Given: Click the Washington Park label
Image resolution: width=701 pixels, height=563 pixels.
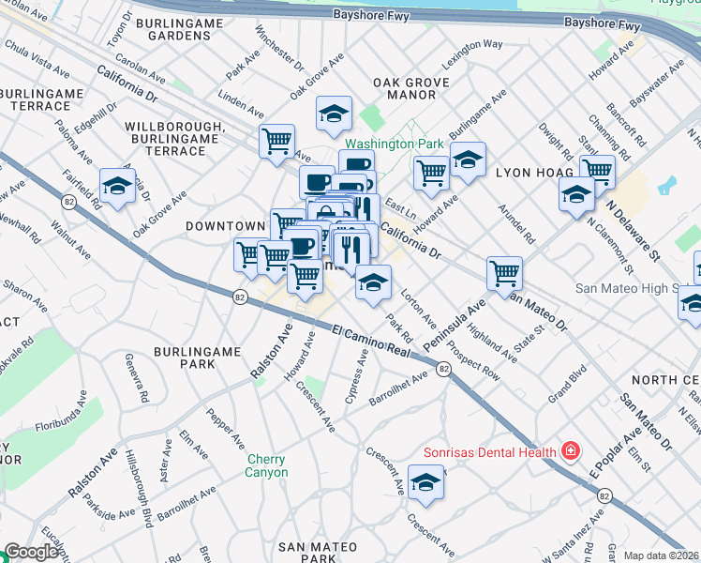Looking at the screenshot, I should click(394, 145).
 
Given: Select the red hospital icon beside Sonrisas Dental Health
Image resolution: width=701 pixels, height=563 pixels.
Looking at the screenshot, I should click(569, 451).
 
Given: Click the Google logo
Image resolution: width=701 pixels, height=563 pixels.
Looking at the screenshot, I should click(31, 553).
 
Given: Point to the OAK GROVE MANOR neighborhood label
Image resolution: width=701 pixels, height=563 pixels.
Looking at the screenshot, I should click(405, 88).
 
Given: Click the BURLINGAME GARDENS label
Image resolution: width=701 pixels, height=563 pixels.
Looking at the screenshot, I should click(172, 28).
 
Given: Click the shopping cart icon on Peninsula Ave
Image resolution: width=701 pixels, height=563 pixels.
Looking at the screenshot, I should click(504, 273).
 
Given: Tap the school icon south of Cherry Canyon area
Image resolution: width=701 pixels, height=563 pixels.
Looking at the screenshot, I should click(425, 482).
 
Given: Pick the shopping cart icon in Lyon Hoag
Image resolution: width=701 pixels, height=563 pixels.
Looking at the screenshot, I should click(596, 172).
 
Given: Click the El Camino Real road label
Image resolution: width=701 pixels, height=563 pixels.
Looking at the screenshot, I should click(373, 340).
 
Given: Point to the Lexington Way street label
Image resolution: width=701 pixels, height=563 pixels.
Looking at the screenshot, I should click(472, 44).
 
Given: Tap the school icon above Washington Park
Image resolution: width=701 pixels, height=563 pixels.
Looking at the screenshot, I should click(334, 114).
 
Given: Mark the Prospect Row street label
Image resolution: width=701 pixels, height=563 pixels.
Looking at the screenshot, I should click(472, 358).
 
